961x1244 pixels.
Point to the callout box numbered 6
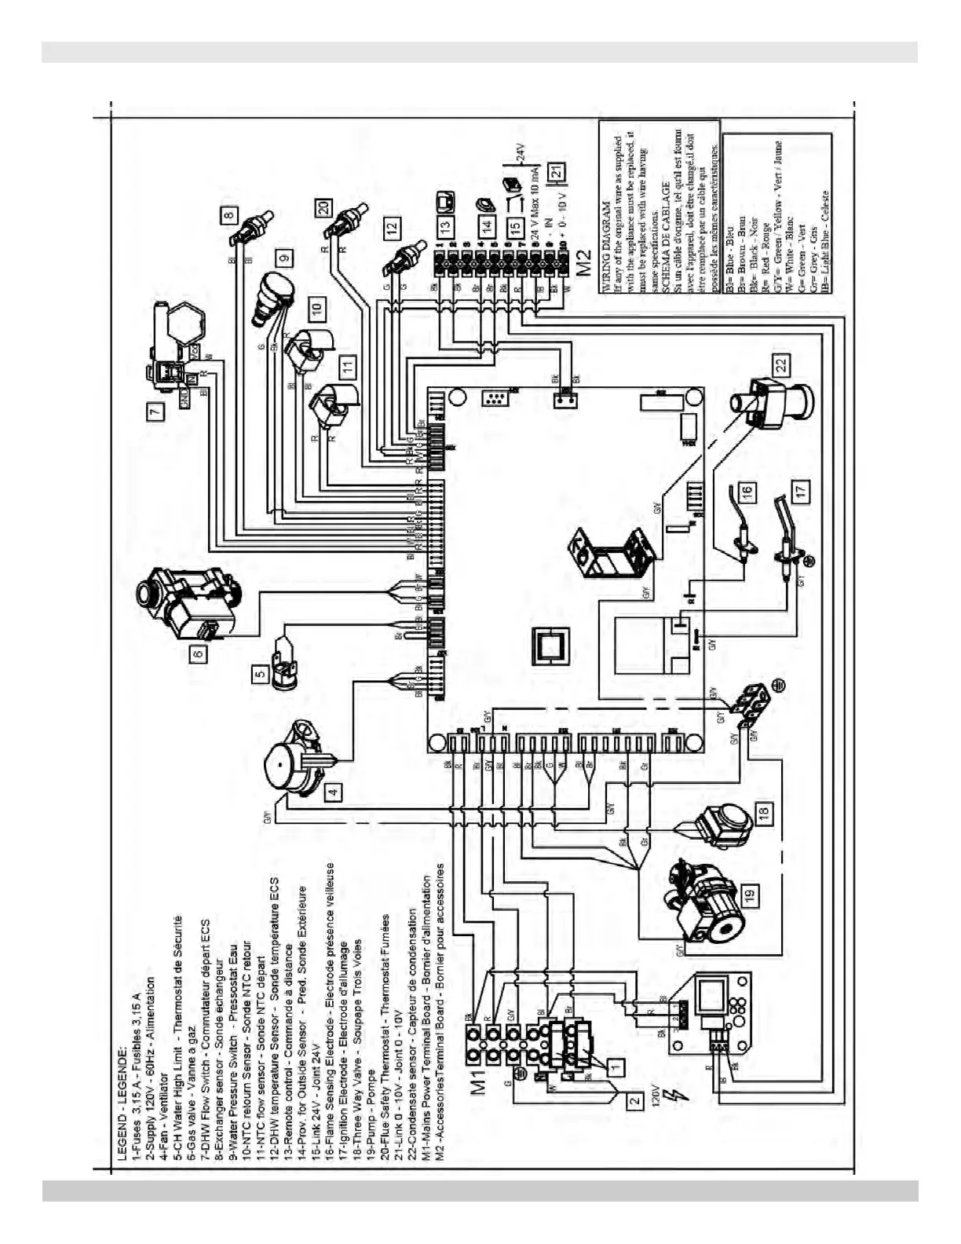(x=198, y=652)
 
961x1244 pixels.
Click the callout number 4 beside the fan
(x=334, y=792)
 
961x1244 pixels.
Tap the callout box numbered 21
(x=555, y=170)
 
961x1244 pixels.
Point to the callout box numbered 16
(x=747, y=492)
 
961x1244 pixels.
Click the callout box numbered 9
(x=284, y=256)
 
